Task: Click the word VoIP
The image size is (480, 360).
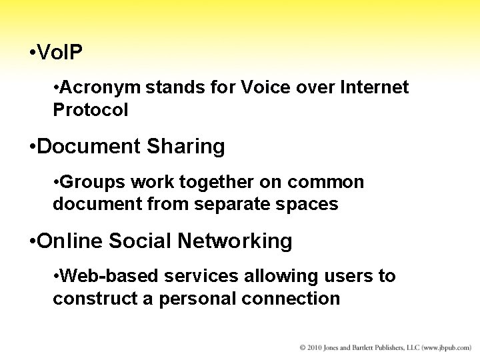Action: (61, 53)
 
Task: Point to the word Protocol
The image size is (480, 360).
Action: (90, 110)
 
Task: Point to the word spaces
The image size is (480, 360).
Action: (307, 204)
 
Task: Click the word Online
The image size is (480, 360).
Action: (71, 241)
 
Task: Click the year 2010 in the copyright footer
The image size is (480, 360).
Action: (316, 348)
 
